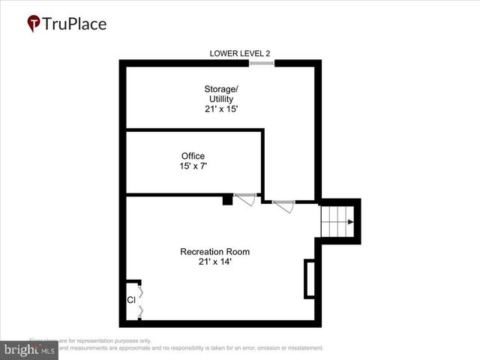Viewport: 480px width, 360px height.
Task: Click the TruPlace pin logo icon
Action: [34, 24]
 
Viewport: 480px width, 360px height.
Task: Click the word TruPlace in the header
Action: [75, 24]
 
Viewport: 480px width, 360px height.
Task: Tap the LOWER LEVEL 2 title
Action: [240, 53]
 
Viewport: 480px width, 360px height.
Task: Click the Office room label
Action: [193, 156]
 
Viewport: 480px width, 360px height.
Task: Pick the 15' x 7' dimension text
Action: [193, 166]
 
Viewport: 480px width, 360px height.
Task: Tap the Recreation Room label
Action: [214, 251]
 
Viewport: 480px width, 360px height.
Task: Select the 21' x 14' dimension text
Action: [214, 262]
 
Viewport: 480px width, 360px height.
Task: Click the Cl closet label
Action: [130, 300]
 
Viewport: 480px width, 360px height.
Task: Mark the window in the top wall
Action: [262, 63]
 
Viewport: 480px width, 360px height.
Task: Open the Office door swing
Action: [245, 200]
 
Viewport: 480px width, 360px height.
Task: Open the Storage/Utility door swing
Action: [283, 205]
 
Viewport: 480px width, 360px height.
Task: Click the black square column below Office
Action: [227, 199]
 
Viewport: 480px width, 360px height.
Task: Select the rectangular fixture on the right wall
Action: [309, 278]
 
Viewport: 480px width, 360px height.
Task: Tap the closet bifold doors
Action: [140, 300]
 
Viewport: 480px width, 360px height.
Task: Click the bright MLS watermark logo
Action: [28, 350]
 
